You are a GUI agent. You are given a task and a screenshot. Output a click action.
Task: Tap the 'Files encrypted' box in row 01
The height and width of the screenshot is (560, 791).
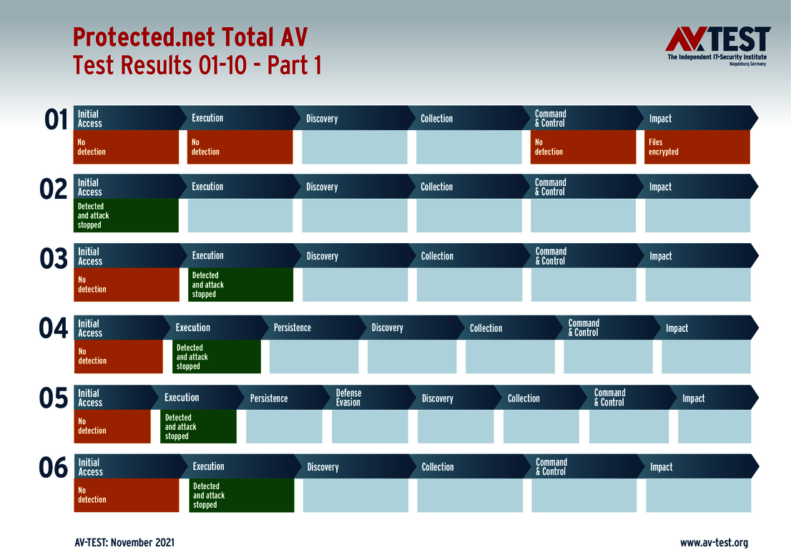(x=697, y=147)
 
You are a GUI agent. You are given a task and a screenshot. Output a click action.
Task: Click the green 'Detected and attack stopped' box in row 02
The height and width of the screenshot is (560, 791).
(x=127, y=215)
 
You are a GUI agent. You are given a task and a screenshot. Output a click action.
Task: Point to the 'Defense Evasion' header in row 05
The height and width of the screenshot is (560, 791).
(x=348, y=398)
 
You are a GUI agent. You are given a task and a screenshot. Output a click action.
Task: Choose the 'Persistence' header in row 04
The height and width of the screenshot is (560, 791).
(x=293, y=328)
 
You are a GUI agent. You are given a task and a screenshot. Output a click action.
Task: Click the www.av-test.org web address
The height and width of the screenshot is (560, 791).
(x=714, y=543)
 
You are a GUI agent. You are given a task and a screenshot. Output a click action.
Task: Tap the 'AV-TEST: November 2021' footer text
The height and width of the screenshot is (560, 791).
(x=124, y=543)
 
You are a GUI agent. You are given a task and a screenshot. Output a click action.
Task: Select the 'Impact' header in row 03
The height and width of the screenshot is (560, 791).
(x=661, y=256)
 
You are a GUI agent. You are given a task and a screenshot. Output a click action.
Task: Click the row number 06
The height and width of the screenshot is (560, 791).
(x=54, y=469)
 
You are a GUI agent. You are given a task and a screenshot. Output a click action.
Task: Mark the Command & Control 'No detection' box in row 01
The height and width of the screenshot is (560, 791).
(x=583, y=147)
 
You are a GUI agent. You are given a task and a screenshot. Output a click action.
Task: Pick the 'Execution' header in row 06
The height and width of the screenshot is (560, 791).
(x=209, y=467)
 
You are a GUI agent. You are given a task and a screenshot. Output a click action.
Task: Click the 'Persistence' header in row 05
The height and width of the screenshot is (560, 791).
(x=269, y=398)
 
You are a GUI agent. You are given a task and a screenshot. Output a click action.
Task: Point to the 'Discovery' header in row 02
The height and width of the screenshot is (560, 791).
(x=322, y=187)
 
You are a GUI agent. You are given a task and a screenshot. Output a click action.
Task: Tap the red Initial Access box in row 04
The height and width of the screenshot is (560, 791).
(x=119, y=356)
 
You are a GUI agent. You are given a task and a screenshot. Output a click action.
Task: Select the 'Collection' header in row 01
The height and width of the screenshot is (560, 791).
(x=436, y=119)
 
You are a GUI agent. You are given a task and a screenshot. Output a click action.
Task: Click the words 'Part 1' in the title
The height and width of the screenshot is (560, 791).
(x=294, y=65)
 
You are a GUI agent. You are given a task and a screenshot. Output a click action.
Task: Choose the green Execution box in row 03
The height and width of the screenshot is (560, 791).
(x=242, y=285)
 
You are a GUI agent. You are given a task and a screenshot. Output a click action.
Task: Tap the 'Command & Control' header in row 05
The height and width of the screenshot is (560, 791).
(x=609, y=398)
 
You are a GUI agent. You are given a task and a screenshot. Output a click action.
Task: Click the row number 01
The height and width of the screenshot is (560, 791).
(x=56, y=120)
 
